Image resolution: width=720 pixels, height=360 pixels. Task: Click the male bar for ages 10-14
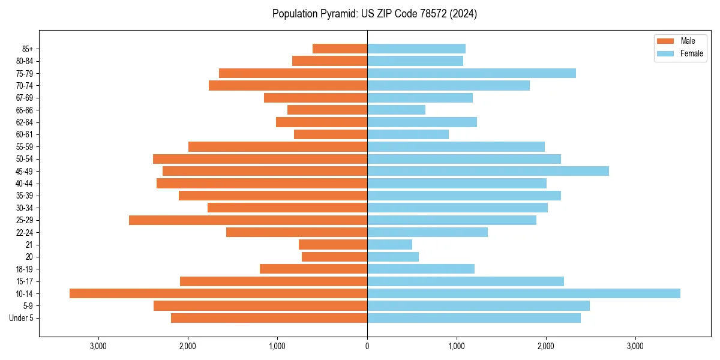pyautogui.click(x=218, y=293)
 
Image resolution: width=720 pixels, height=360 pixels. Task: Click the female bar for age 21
pyautogui.click(x=389, y=244)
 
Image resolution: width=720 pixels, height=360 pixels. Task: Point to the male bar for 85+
pyautogui.click(x=340, y=49)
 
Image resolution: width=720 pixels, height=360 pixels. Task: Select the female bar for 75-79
pyautogui.click(x=471, y=73)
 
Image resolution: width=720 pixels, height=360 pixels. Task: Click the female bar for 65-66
pyautogui.click(x=396, y=110)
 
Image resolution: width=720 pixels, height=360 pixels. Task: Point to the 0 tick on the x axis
pyautogui.click(x=367, y=346)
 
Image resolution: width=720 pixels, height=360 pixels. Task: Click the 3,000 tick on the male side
pyautogui.click(x=98, y=346)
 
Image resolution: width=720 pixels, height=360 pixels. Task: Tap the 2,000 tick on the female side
pyautogui.click(x=546, y=346)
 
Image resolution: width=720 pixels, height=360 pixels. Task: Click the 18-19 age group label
pyautogui.click(x=25, y=269)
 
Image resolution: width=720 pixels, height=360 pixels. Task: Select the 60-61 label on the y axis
pyautogui.click(x=25, y=134)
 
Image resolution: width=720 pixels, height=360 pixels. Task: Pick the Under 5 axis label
pyautogui.click(x=22, y=318)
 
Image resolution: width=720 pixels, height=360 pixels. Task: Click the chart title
pyautogui.click(x=374, y=14)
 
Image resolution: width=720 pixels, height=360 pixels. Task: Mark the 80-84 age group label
pyautogui.click(x=25, y=61)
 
